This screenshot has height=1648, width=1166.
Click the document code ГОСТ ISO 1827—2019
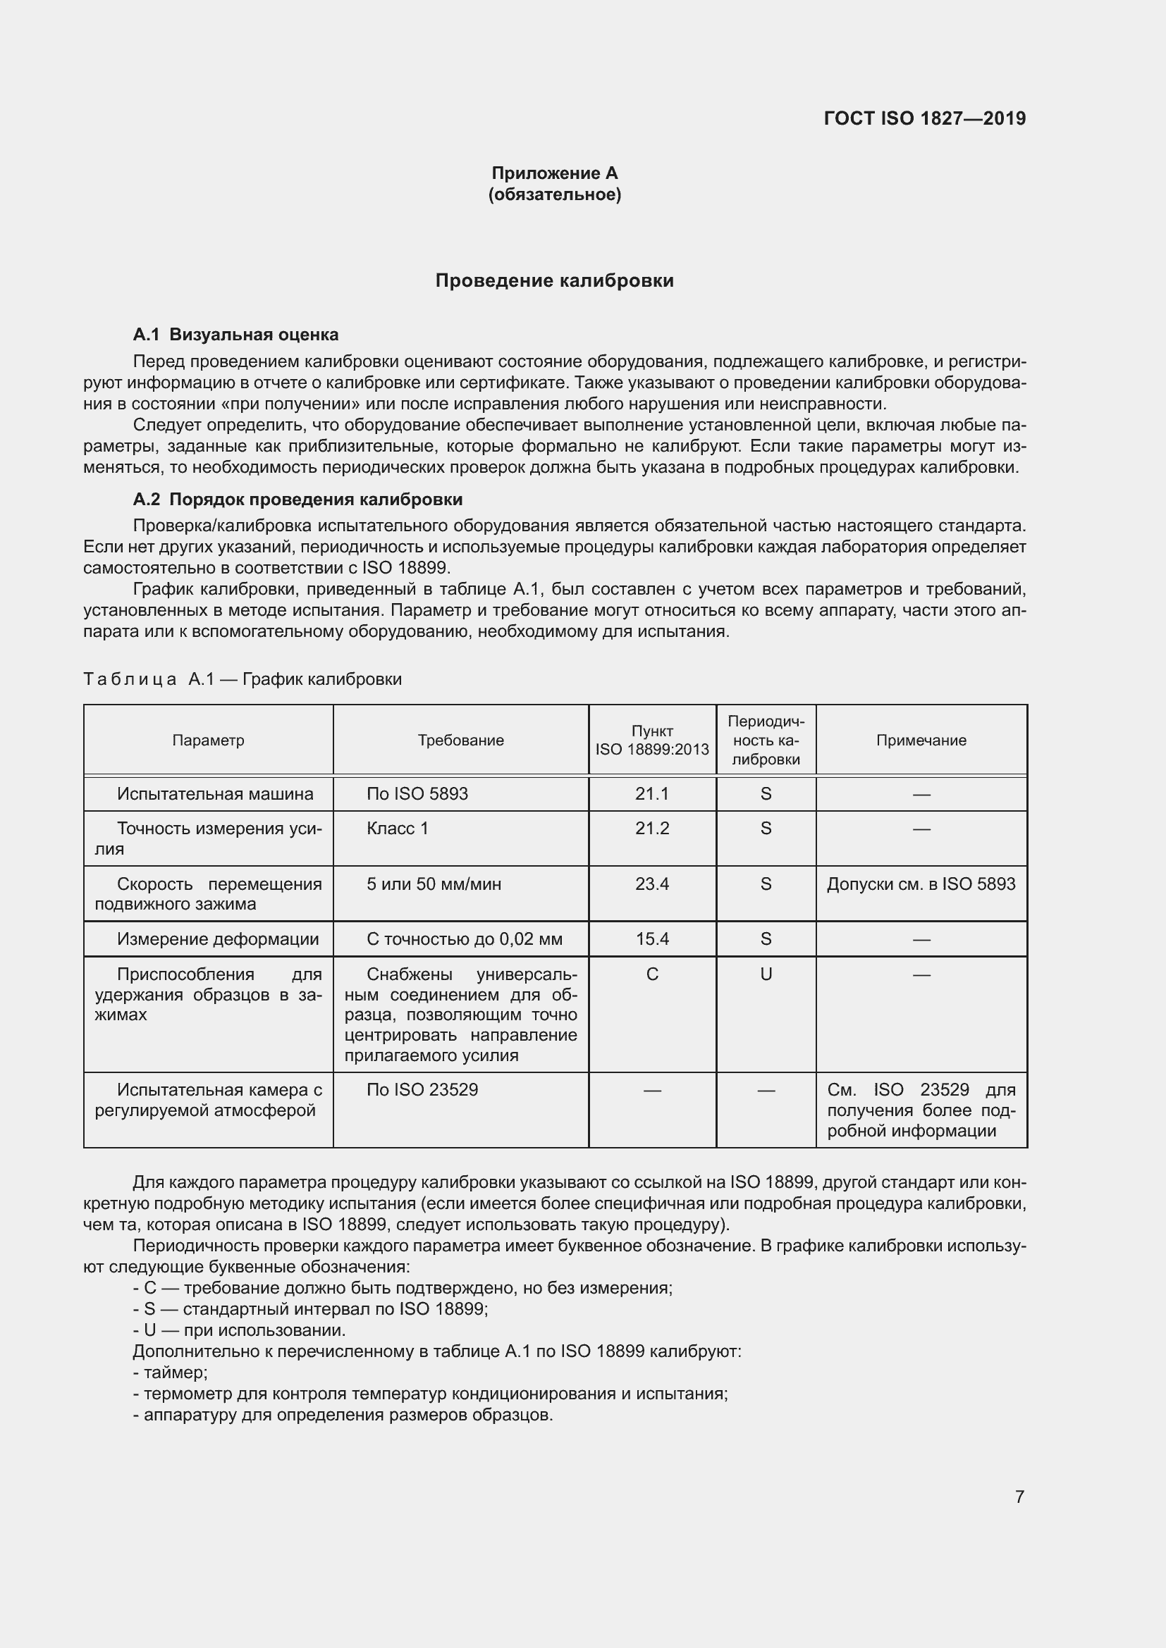coord(924,118)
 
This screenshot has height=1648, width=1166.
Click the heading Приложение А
coord(554,173)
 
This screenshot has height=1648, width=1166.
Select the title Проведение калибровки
coord(554,280)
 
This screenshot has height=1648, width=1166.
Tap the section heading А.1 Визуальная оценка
coord(235,335)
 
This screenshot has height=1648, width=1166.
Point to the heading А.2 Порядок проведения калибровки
coord(297,499)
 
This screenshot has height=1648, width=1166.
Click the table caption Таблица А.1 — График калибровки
coord(243,679)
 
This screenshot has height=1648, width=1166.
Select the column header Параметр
coord(208,740)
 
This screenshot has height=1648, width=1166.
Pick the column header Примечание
coord(921,740)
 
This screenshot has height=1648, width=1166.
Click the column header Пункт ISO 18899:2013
coord(652,740)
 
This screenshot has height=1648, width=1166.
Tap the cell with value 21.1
coord(652,794)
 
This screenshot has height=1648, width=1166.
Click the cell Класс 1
coord(397,829)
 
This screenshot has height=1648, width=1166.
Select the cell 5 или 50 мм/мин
coord(434,884)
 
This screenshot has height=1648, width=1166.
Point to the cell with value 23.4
coord(652,884)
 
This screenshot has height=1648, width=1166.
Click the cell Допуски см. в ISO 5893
coord(921,884)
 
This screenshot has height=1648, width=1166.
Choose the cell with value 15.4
coord(652,938)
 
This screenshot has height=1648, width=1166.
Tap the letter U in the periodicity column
coord(766,974)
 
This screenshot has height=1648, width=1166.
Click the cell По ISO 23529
coord(422,1089)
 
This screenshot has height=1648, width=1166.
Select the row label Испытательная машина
coord(216,794)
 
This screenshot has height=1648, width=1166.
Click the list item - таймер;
coord(171,1373)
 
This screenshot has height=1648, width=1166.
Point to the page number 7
coord(1019,1497)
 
